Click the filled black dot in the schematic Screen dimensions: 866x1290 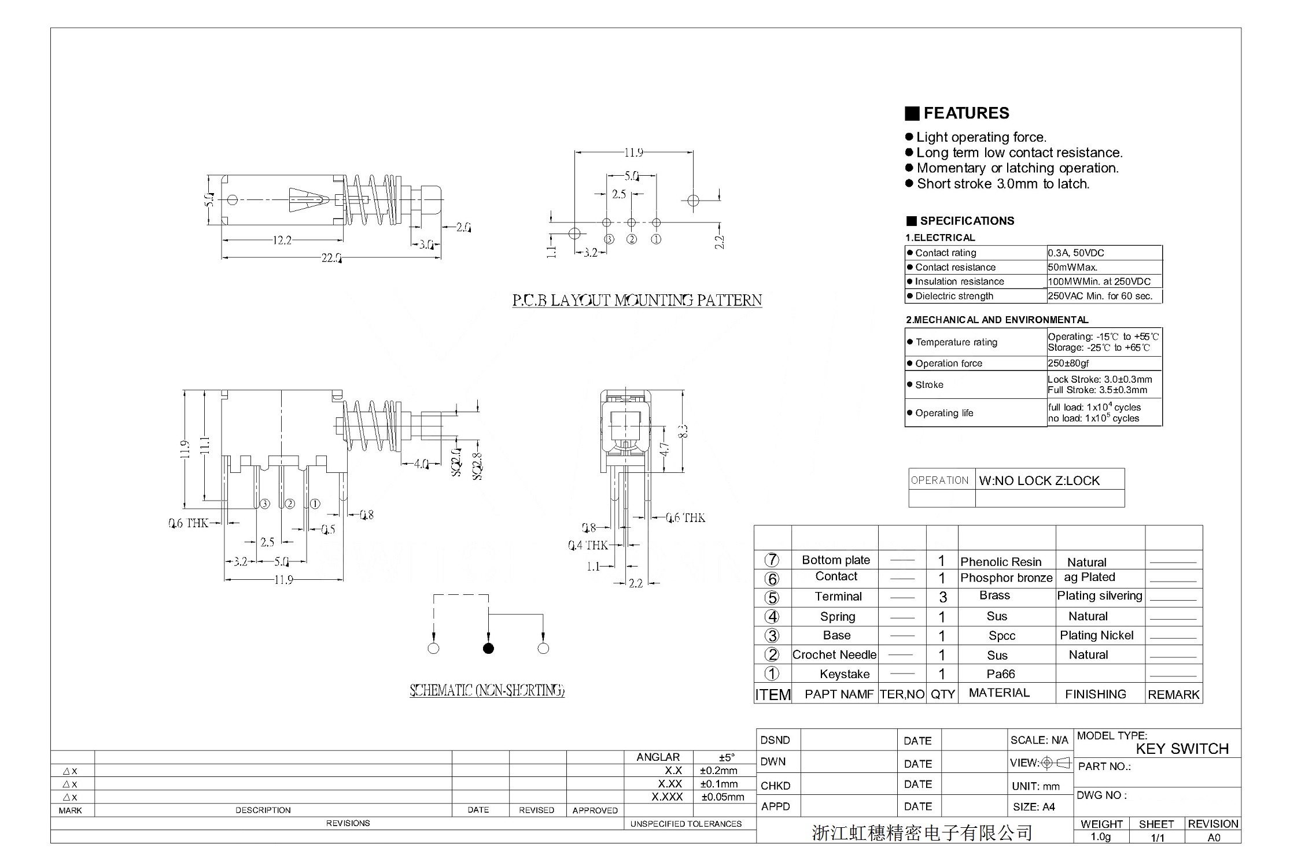[488, 649]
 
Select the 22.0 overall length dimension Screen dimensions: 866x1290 [331, 258]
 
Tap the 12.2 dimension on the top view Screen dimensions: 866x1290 [282, 240]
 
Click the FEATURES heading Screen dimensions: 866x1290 [965, 113]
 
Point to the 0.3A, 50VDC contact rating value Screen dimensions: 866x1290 [1076, 253]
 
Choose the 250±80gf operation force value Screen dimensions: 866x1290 [1068, 363]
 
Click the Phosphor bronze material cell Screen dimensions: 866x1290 [1006, 578]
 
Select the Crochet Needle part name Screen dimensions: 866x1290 [834, 654]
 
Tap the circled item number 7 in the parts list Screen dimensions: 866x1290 [772, 560]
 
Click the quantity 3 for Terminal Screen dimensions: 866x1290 [942, 597]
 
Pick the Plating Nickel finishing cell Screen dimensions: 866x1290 [1096, 635]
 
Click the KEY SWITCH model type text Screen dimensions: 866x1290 [1182, 749]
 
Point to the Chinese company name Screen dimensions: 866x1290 [922, 832]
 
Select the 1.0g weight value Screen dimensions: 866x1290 [1100, 837]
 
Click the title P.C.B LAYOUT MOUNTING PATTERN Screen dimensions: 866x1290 [637, 301]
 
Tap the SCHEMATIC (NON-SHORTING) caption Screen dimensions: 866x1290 [487, 690]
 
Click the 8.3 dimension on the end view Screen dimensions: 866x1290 [683, 431]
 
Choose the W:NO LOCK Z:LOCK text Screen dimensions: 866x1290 [1039, 480]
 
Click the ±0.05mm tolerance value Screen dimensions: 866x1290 [723, 797]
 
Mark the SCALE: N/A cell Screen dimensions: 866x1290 [1039, 740]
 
